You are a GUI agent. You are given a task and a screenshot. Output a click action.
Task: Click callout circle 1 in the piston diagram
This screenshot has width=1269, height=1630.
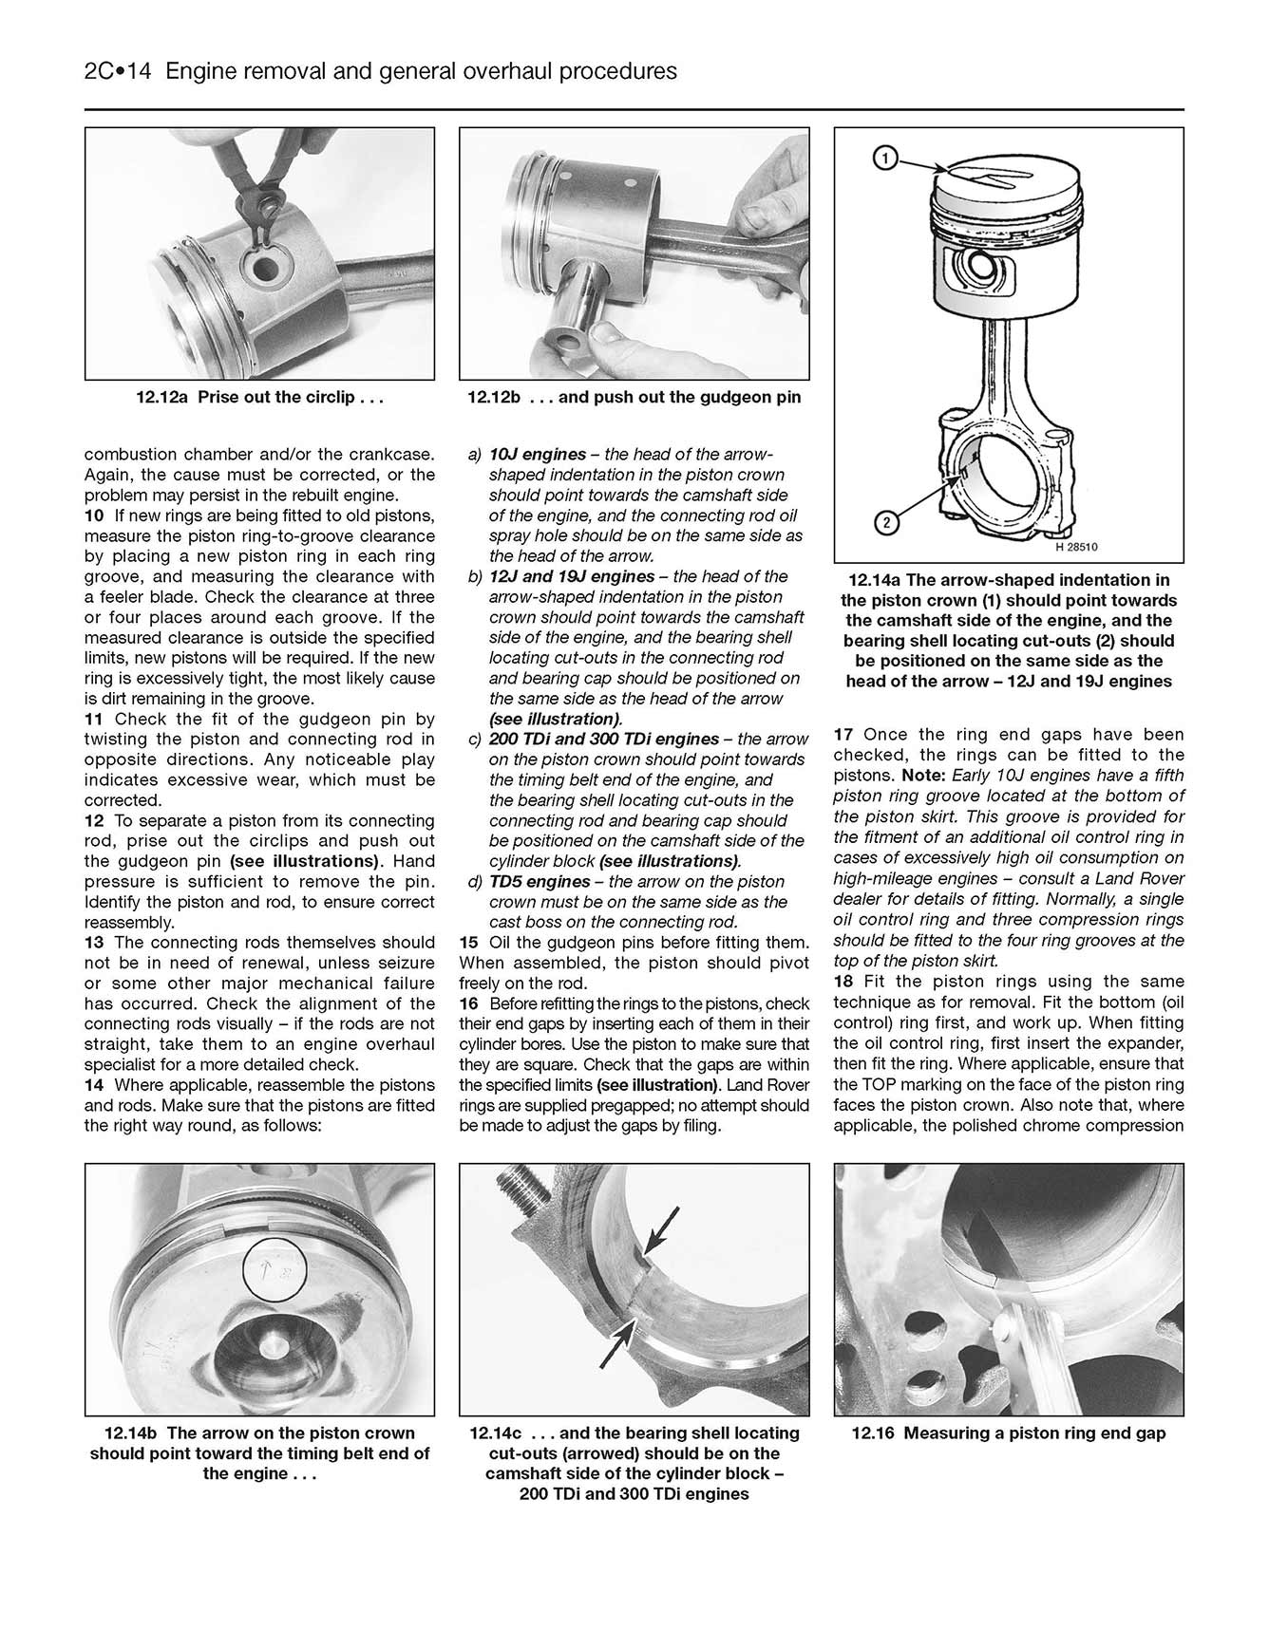(x=883, y=159)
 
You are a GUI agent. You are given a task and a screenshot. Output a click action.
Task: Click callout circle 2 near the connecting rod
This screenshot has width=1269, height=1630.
(x=883, y=522)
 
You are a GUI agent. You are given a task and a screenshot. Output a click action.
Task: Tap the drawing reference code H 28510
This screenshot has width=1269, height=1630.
(x=1076, y=547)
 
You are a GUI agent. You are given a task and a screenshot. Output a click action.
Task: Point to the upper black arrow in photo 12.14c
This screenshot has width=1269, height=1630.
(x=662, y=1229)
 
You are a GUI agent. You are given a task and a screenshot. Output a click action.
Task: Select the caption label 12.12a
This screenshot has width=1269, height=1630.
(x=163, y=398)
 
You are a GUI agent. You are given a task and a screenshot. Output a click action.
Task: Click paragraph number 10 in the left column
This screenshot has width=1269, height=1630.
(x=94, y=516)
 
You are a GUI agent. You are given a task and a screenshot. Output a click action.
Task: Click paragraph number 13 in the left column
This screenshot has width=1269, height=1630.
(x=94, y=943)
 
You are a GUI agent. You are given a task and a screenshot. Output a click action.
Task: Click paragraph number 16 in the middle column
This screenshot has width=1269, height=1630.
(x=469, y=1003)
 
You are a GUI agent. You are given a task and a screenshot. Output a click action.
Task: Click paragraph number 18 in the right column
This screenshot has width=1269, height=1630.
(x=843, y=982)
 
